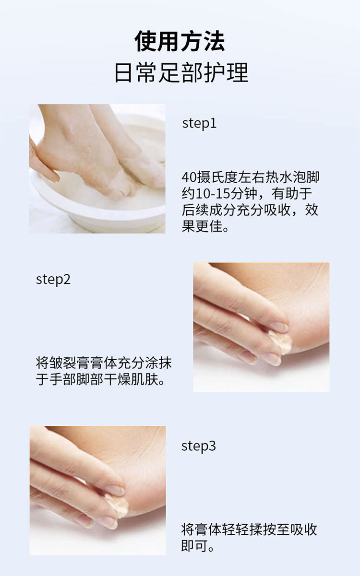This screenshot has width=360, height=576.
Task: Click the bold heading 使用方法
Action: pos(180,41)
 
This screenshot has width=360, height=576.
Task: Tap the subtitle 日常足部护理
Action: pos(181,72)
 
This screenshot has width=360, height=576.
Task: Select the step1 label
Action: pos(199,123)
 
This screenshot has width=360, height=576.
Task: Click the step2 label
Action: pos(53,280)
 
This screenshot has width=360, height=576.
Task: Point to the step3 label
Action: pos(198,446)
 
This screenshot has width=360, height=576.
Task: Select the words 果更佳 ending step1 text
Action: pos(202,226)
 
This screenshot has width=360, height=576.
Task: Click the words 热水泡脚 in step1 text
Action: pos(292,177)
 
